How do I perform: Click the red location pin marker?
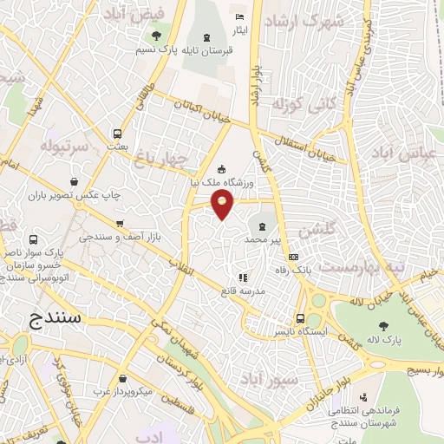pyautogui.click(x=223, y=205)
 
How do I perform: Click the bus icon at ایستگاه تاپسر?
pyautogui.click(x=300, y=317)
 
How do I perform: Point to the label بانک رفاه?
pyautogui.click(x=293, y=271)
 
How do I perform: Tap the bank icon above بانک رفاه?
pyautogui.click(x=293, y=257)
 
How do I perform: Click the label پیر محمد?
pyautogui.click(x=263, y=238)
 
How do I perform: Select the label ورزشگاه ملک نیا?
pyautogui.click(x=221, y=182)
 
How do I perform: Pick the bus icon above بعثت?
pyautogui.click(x=117, y=134)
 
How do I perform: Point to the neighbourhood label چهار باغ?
pyautogui.click(x=160, y=158)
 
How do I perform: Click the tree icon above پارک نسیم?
pyautogui.click(x=155, y=36)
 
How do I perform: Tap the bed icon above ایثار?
pyautogui.click(x=240, y=17)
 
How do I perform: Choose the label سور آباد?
pyautogui.click(x=296, y=380)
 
